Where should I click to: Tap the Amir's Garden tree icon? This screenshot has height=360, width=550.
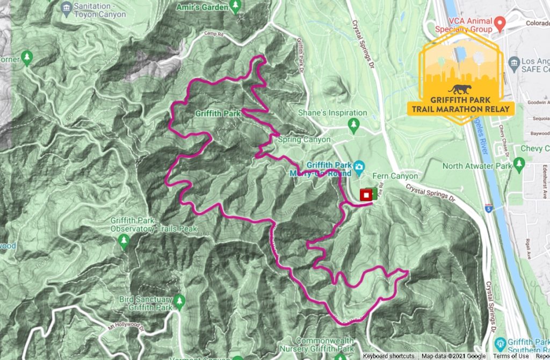coord(235,5)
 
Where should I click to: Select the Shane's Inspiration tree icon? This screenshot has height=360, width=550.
coord(353,126)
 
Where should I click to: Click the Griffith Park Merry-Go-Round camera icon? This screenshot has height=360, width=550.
coord(359,165)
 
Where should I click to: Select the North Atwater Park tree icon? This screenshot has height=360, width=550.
coord(518,163)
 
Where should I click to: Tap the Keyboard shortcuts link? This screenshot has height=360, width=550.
coord(388,356)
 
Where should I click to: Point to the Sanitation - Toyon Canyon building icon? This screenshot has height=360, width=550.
coord(66,6)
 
